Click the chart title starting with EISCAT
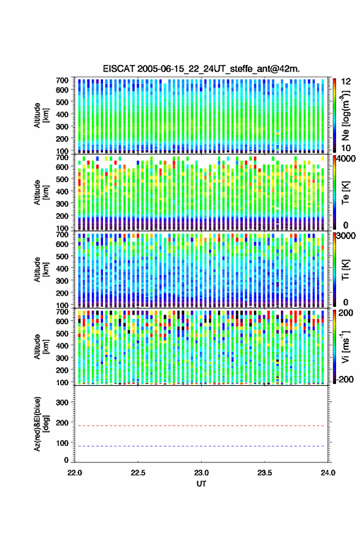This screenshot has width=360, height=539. click(x=201, y=69)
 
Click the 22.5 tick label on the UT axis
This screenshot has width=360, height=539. click(x=138, y=473)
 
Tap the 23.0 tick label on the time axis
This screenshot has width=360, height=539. click(x=201, y=473)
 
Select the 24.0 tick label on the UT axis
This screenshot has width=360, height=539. click(x=327, y=473)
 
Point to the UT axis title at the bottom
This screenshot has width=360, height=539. click(x=201, y=484)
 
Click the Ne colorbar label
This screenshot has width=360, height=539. click(x=345, y=116)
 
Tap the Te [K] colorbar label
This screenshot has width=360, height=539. click(x=345, y=193)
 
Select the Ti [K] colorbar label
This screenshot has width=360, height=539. click(x=345, y=270)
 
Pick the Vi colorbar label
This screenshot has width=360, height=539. click(x=345, y=346)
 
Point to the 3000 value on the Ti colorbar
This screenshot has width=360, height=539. click(x=346, y=236)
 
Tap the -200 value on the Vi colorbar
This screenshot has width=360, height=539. click(x=345, y=380)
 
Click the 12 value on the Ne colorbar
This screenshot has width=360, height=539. click(x=346, y=82)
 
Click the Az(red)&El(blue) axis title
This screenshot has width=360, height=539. click(x=40, y=424)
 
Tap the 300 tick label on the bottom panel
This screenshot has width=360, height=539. click(x=62, y=402)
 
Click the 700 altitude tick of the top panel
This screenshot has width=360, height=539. click(x=62, y=80)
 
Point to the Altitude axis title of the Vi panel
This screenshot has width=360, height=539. click(x=40, y=346)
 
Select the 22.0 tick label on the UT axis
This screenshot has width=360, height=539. click(x=75, y=473)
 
